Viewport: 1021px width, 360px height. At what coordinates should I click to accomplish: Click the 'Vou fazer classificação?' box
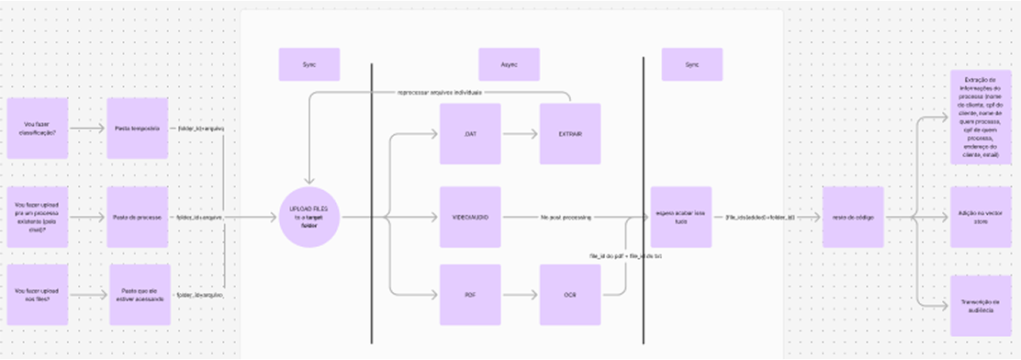(38, 128)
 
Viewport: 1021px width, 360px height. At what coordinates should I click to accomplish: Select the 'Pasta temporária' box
(137, 128)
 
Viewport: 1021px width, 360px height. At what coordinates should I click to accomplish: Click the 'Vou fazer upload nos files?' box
(38, 294)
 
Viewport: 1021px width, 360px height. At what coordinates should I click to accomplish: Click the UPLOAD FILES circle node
(310, 217)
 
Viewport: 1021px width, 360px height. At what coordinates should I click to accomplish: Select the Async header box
(509, 64)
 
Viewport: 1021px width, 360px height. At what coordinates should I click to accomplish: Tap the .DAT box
(469, 134)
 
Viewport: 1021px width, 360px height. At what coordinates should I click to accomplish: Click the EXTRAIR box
(569, 134)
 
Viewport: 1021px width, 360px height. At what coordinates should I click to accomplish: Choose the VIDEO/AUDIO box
(469, 217)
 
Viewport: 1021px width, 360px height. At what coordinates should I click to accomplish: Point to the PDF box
(469, 295)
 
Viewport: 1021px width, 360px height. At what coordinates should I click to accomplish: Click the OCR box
(569, 295)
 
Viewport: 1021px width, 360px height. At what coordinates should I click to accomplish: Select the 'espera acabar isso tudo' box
(680, 217)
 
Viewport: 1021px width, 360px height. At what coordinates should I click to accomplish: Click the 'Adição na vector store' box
(978, 217)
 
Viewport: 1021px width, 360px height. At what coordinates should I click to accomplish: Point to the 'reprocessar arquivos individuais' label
(440, 93)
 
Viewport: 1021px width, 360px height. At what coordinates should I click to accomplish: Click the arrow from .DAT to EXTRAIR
(519, 134)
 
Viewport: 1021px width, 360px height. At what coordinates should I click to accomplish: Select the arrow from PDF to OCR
(519, 295)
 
